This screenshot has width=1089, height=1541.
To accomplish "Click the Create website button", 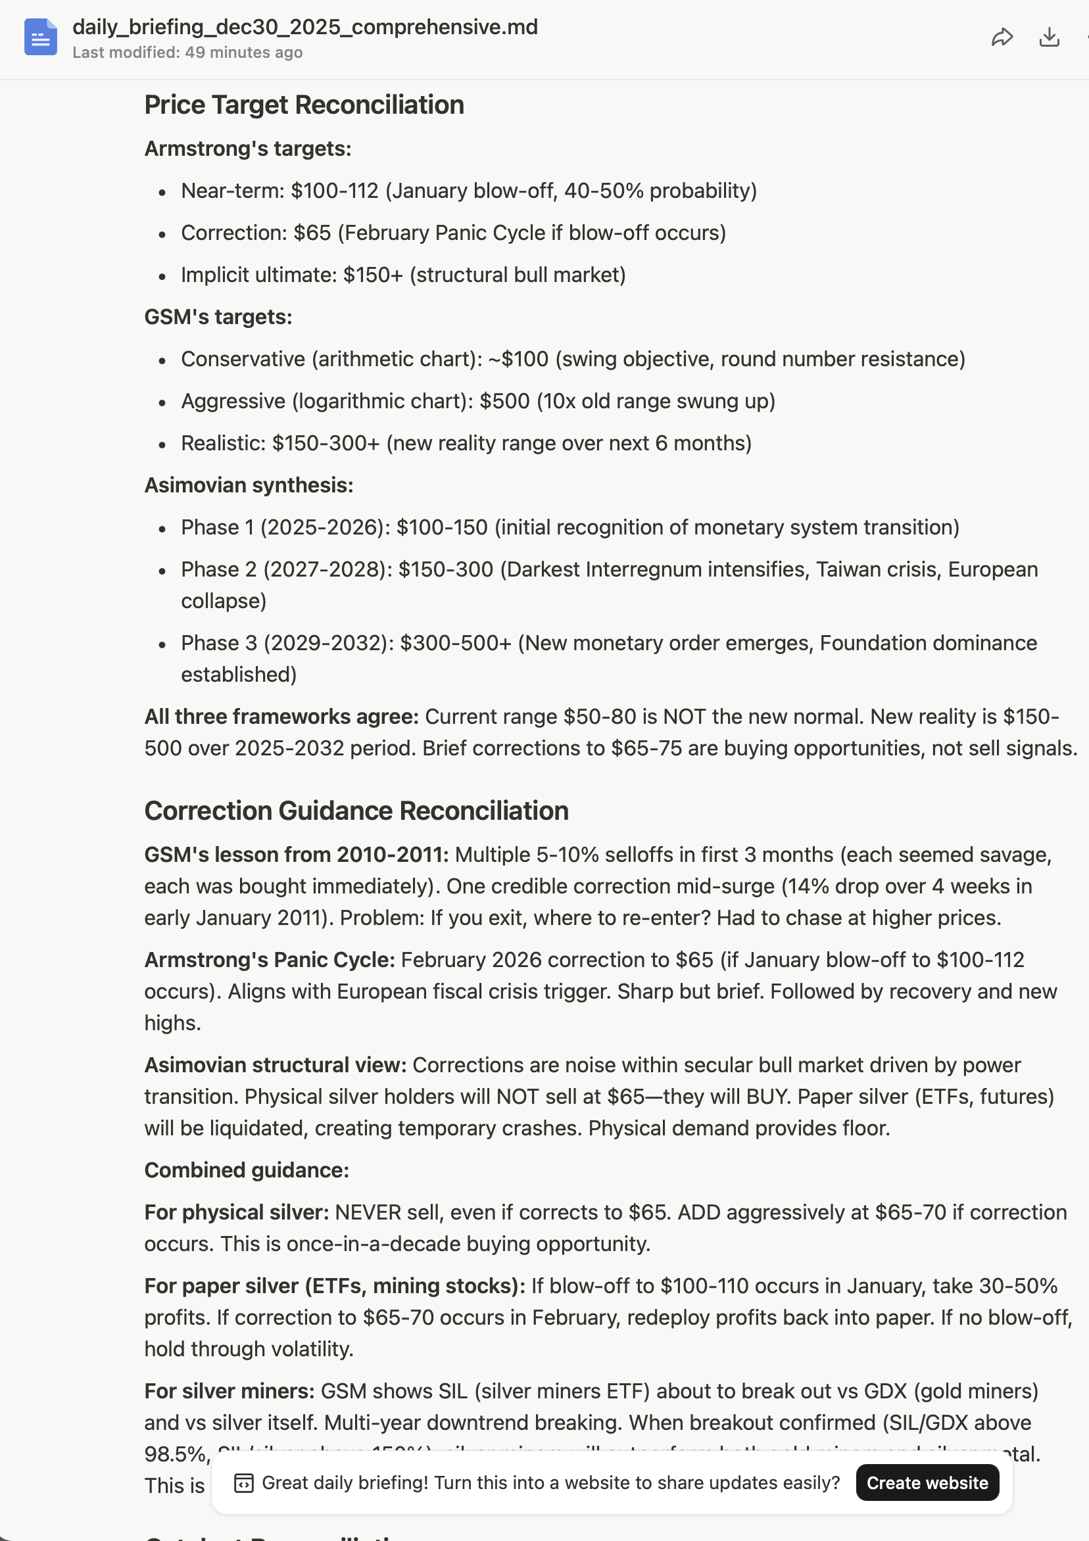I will click(927, 1482).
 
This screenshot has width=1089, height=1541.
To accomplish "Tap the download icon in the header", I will click(1049, 37).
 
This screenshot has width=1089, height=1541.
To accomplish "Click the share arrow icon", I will click(1002, 37).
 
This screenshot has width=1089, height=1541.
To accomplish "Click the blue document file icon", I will click(40, 37).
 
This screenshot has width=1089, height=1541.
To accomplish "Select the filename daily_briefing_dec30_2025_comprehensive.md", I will click(305, 27).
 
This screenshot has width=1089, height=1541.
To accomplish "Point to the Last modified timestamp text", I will click(187, 53).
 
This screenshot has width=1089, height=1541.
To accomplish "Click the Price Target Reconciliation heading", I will click(304, 105).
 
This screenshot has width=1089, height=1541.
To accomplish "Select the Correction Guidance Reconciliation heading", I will click(356, 811).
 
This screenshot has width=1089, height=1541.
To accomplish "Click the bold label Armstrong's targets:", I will click(248, 149).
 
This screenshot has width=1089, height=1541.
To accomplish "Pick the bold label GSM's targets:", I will click(218, 317).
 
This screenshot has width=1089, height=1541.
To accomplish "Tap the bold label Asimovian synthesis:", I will click(249, 485).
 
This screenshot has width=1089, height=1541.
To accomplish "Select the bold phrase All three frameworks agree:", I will click(281, 717).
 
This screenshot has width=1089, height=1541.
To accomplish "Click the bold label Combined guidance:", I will click(247, 1170).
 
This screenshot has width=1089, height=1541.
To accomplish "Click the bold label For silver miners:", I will click(229, 1390).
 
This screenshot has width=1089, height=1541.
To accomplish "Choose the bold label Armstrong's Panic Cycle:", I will click(269, 960).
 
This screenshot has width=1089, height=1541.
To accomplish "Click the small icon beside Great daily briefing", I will click(243, 1482).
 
